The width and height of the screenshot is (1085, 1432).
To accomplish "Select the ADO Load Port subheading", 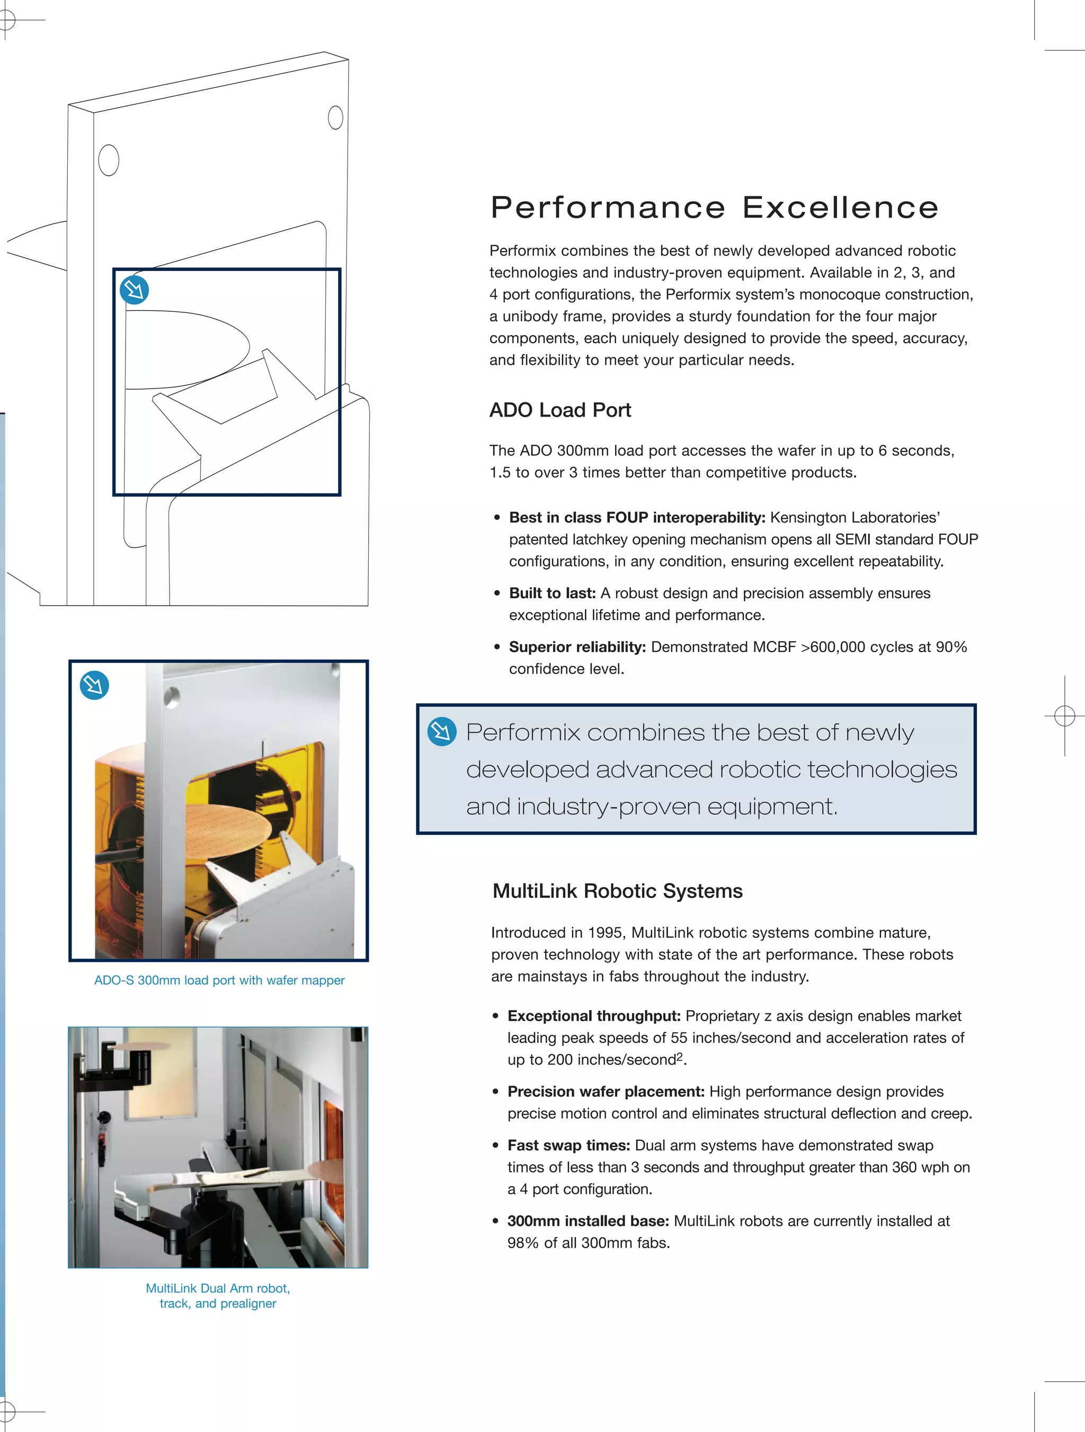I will (x=559, y=410).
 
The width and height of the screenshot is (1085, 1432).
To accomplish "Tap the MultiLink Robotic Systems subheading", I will (x=617, y=891).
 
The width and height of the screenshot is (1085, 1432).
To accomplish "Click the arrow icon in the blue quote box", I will (x=442, y=732).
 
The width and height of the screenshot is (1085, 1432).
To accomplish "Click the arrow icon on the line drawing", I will (x=135, y=290).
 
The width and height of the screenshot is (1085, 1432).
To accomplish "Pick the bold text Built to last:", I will (x=552, y=593).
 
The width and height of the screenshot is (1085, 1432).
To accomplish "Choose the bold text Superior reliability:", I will (x=577, y=647).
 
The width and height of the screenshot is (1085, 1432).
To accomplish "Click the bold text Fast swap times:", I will (x=568, y=1145).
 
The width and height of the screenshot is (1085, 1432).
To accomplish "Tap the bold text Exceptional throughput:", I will (x=593, y=1016).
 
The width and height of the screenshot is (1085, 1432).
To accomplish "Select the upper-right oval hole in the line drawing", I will (x=335, y=118).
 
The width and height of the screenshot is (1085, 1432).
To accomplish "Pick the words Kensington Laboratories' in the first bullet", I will (x=855, y=517).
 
